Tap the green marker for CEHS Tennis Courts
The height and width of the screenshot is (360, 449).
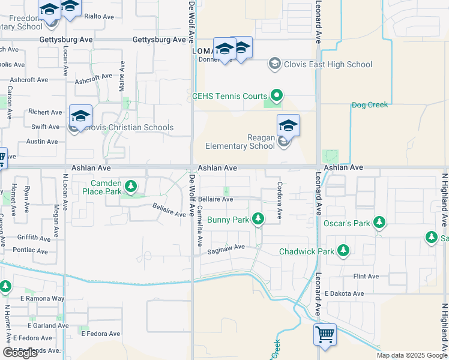coord(277,95)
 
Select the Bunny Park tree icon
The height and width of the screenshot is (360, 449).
coord(258,220)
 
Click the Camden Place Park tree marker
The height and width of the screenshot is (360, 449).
coord(130,187)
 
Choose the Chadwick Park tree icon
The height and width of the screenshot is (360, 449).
coord(343,251)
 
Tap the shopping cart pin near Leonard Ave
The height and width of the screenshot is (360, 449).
coord(325,335)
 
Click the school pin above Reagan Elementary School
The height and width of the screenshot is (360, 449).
coord(288,125)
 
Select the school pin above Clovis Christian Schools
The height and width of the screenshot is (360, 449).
coord(80,116)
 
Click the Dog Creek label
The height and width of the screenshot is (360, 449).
coord(370,105)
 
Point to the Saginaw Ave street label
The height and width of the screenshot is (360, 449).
coord(226,247)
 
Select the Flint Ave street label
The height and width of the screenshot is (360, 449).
coord(366,277)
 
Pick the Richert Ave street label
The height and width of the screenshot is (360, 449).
coord(46,112)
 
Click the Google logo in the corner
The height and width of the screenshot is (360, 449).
coord(20,353)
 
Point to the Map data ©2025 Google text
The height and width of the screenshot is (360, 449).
coord(411,355)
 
